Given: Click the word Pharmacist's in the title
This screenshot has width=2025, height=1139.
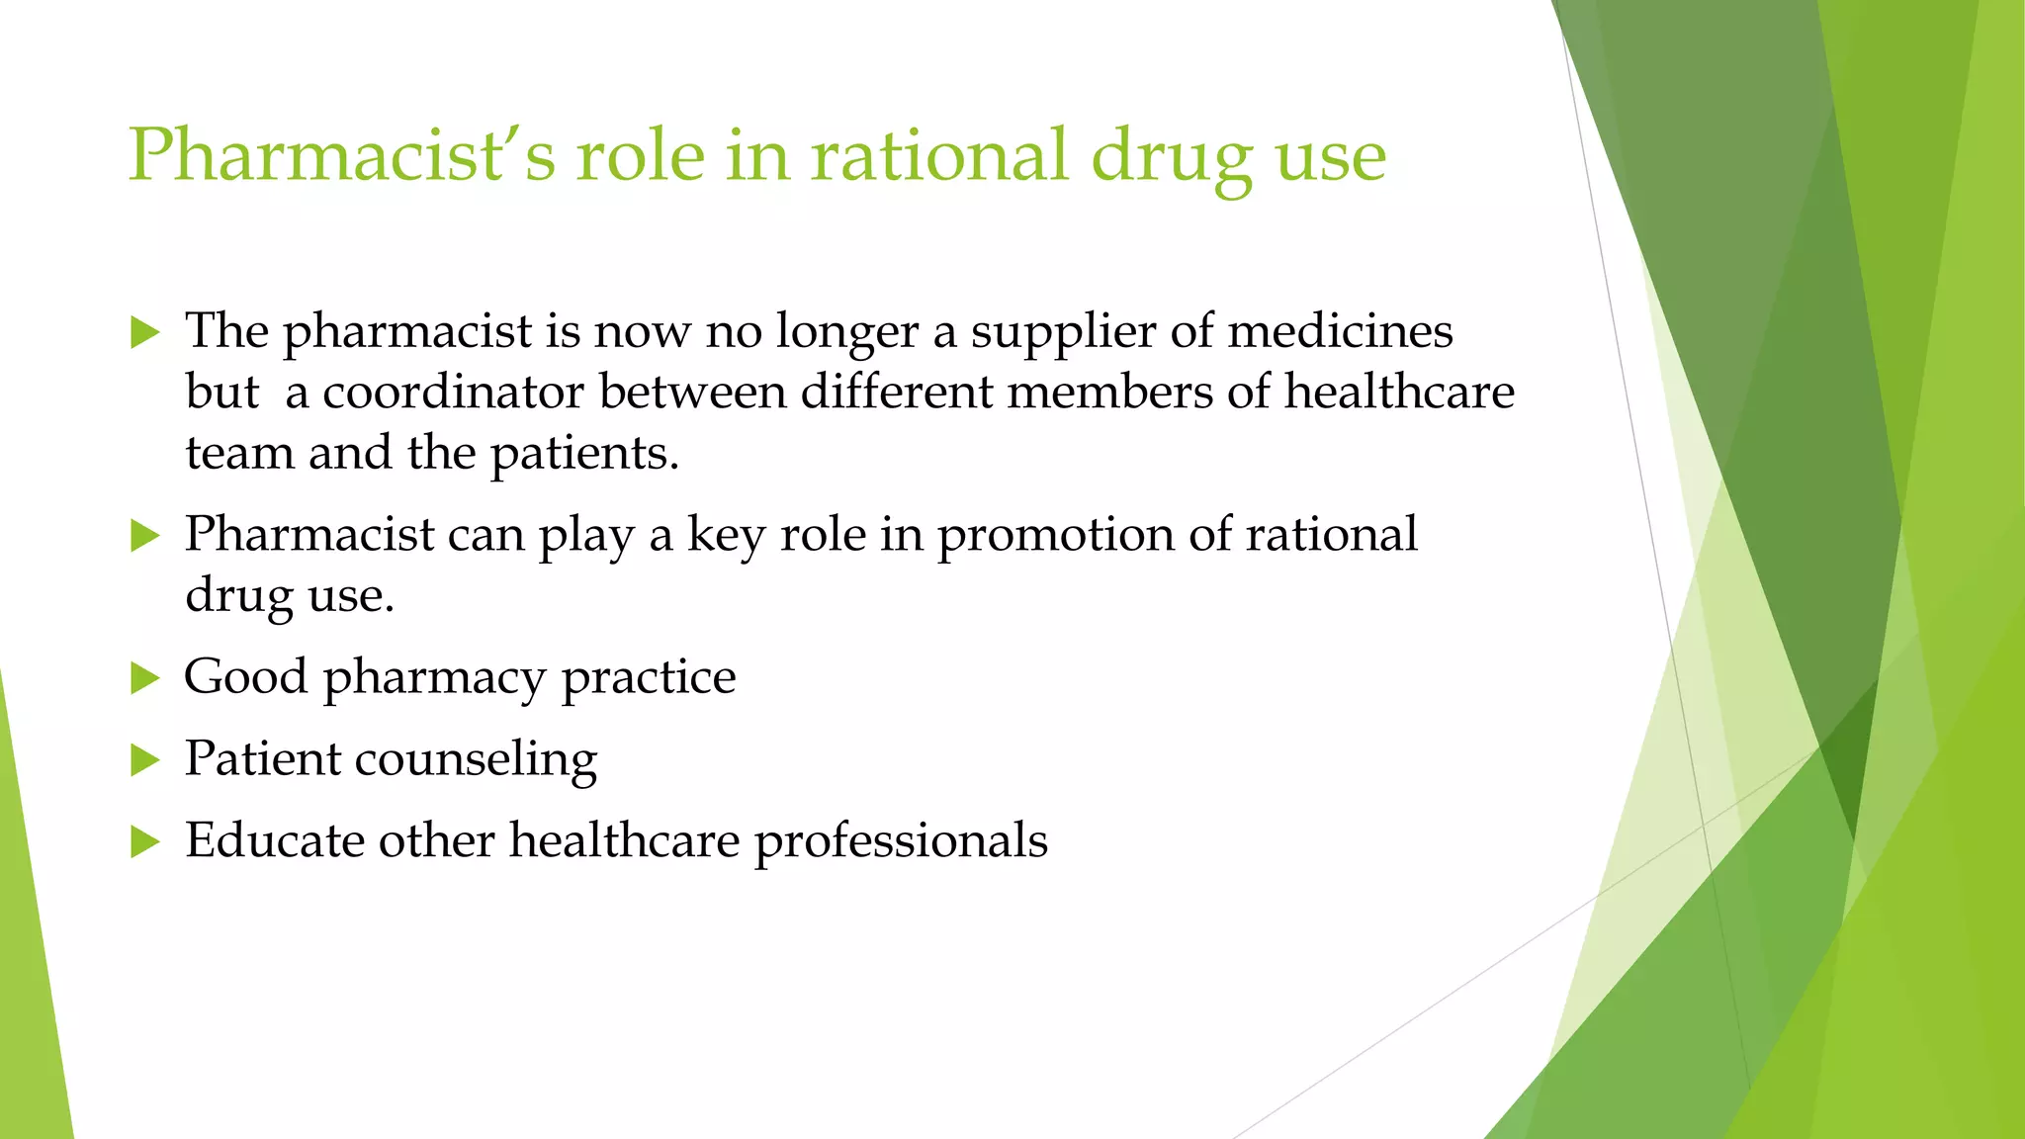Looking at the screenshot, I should point(342,156).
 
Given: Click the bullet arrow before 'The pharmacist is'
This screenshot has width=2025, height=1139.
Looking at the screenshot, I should point(144,332).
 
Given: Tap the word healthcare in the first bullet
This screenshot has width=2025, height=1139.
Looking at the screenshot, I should point(1399,392).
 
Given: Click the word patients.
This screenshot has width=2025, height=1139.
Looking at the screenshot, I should point(584,454).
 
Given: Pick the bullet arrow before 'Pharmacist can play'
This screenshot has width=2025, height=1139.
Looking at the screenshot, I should point(144,536).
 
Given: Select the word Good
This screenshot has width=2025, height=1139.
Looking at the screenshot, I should point(245,677).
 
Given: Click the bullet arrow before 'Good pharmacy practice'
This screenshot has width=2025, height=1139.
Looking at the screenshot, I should point(144,678).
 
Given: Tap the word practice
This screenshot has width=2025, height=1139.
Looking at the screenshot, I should point(649,679).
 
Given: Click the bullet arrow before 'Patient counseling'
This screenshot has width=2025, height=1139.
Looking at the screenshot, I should point(144,760).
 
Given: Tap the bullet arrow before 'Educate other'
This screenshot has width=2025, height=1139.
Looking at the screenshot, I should point(144,842).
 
